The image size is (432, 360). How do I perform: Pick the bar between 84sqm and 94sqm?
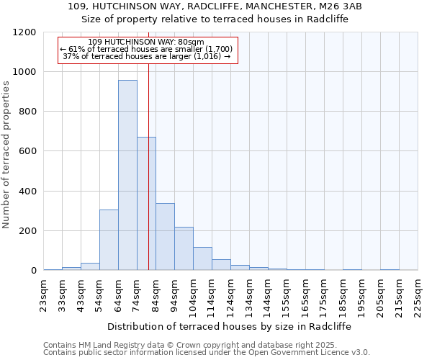[x=165, y=237]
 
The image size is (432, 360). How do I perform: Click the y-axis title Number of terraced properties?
[x=6, y=155]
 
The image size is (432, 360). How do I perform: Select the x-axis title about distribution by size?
[x=230, y=326]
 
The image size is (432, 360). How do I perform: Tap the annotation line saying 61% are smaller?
[x=146, y=49]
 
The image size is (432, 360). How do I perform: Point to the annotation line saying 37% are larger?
[x=146, y=56]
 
